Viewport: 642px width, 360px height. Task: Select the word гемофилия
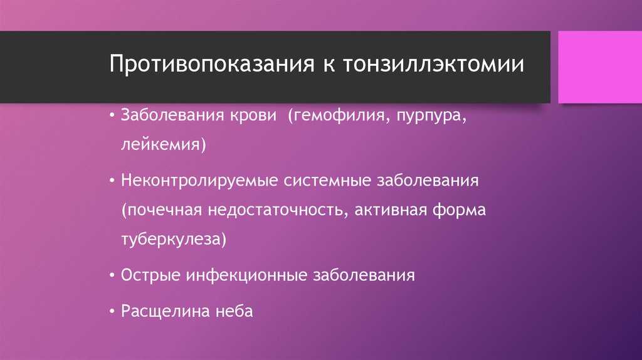pyautogui.click(x=338, y=117)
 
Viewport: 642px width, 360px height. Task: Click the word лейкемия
pyautogui.click(x=164, y=146)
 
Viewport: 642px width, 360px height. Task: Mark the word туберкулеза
pyautogui.click(x=172, y=239)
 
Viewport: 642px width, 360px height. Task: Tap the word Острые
pyautogui.click(x=151, y=275)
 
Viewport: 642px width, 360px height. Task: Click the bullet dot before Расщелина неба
pyautogui.click(x=112, y=311)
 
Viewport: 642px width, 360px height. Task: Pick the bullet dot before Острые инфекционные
pyautogui.click(x=112, y=275)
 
